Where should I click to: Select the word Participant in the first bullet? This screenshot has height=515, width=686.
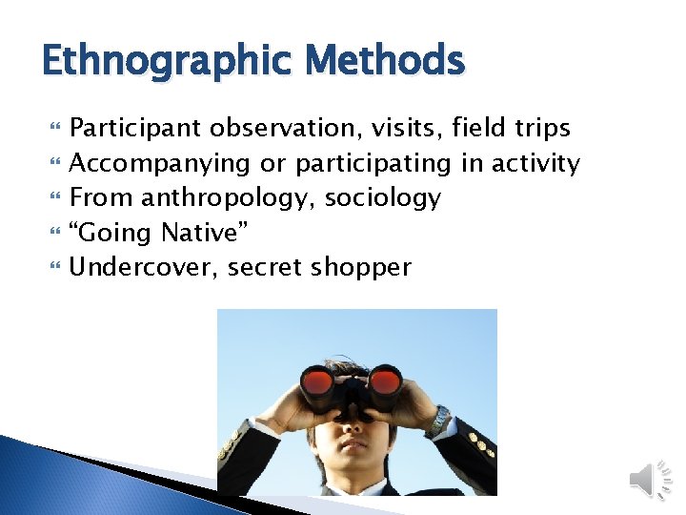click(x=136, y=129)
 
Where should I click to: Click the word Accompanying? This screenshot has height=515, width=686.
click(x=160, y=164)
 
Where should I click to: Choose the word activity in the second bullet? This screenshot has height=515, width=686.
click(x=535, y=164)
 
